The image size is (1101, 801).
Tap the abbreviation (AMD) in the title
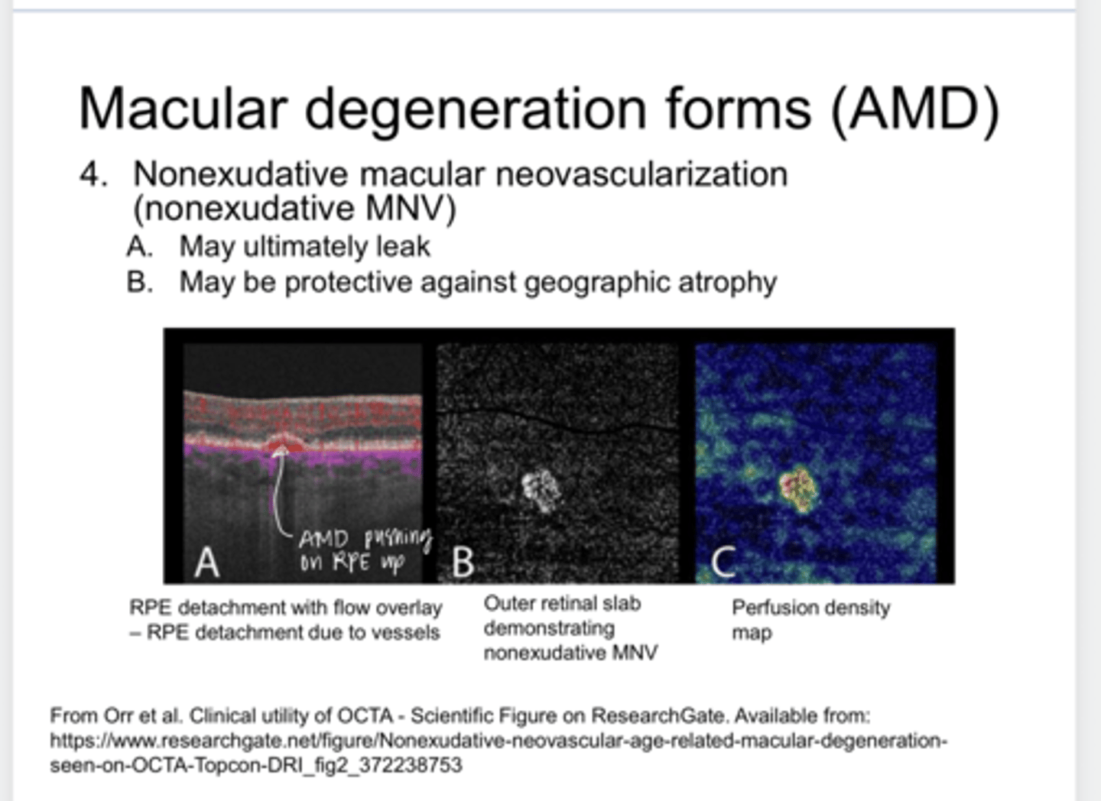[914, 109]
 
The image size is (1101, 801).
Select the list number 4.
[92, 174]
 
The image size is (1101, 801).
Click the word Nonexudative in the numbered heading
[241, 174]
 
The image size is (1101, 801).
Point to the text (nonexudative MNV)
[294, 209]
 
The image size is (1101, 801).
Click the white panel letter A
[206, 563]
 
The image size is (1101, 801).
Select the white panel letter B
[463, 563]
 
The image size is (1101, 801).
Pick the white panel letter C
[723, 563]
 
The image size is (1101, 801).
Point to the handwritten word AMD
[324, 539]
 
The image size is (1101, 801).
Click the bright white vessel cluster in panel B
[541, 490]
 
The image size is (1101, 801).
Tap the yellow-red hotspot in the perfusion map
[797, 486]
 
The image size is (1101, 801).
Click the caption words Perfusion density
[810, 608]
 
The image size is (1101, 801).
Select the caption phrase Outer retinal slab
[562, 604]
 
